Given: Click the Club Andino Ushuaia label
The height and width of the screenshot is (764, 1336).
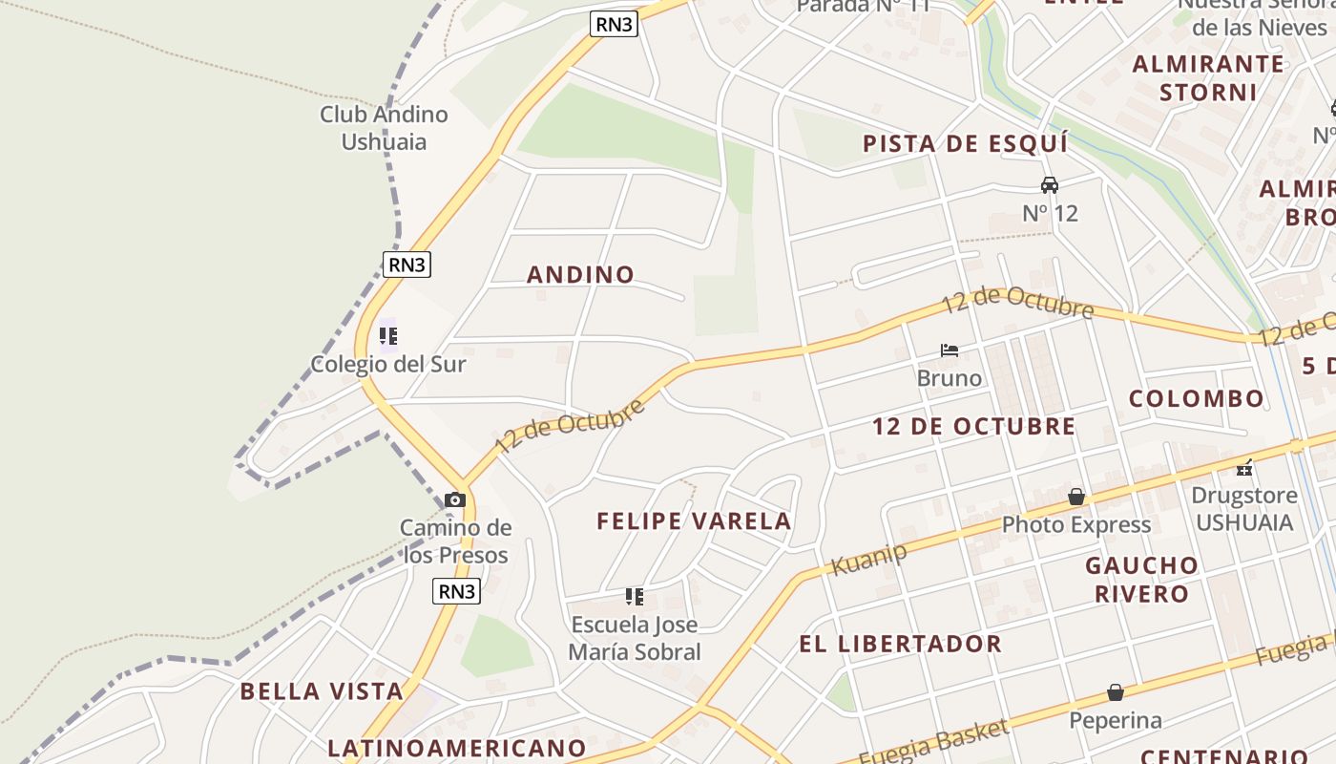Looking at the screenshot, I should point(384,128).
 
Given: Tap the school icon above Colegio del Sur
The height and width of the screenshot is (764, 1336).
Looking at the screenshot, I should point(387,336).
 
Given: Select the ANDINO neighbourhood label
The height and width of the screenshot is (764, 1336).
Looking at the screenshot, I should point(580,275).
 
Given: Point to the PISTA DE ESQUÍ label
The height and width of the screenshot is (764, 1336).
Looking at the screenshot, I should point(965,144).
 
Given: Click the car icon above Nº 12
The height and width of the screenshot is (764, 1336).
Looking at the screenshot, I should point(1050,184).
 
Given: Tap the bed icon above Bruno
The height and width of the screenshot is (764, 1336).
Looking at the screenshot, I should point(949,350).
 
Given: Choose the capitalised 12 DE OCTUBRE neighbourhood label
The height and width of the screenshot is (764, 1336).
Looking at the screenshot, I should point(973,427).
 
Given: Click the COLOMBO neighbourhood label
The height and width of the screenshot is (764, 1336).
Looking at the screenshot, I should point(1197,399).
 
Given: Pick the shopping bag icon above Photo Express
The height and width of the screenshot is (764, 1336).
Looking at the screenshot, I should point(1076,497).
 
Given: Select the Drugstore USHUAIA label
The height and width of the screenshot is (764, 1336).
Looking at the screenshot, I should point(1244,509).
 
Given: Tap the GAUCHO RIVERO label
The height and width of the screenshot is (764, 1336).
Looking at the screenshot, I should point(1141,580).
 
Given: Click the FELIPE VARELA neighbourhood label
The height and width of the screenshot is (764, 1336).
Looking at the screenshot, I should point(694,521).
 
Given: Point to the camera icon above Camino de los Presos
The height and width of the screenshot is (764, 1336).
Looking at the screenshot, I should point(455,499).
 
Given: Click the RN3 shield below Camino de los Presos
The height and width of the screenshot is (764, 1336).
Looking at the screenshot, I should point(456,591).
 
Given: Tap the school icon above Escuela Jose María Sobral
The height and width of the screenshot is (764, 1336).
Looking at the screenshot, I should point(634,597).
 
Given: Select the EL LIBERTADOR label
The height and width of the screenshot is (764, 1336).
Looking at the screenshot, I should point(900,644).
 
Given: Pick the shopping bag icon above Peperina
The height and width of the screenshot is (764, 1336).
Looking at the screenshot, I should point(1115,692).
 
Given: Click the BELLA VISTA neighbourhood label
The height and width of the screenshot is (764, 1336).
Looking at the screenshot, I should point(322,691).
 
